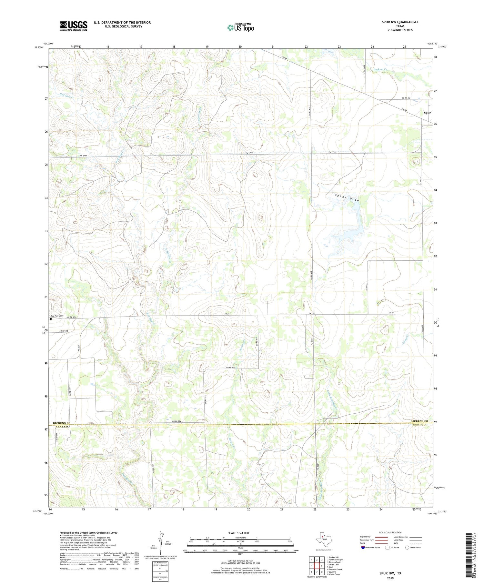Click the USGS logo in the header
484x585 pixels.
point(74,26)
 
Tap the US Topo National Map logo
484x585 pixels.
point(240,28)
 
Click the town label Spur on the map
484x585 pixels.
point(427,113)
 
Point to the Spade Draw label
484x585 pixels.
point(347,198)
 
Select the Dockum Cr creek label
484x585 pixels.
point(380,69)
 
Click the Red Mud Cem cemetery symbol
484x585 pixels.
point(51,319)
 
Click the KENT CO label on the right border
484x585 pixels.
point(419,425)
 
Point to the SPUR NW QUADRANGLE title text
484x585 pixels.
point(400,22)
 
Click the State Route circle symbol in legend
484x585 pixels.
point(408,548)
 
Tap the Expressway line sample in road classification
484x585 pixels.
point(382,537)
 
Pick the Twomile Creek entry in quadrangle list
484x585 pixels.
point(335,570)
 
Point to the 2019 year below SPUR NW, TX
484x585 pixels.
point(390,578)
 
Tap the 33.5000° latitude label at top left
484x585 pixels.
point(38,47)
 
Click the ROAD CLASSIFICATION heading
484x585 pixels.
point(390,533)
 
